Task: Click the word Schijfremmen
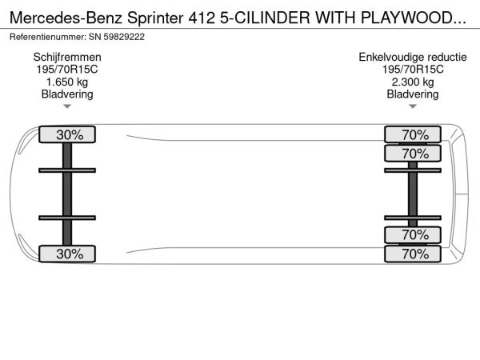click(x=67, y=58)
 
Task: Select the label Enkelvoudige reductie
click(x=412, y=58)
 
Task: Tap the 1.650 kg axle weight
click(x=67, y=82)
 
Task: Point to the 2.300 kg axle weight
click(x=412, y=82)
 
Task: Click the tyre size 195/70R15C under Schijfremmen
click(x=67, y=70)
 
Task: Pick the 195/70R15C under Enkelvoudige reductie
click(x=412, y=70)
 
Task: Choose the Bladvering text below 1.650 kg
click(x=67, y=94)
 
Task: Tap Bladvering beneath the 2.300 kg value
click(x=412, y=94)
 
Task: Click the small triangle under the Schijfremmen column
click(x=67, y=106)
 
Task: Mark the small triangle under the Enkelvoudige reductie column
click(x=412, y=106)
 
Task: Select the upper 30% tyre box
click(x=67, y=134)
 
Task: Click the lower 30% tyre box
click(x=67, y=254)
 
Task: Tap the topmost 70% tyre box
click(x=412, y=134)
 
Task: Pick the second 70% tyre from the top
click(x=412, y=154)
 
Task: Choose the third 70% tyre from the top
click(x=412, y=235)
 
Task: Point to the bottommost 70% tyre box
click(x=412, y=254)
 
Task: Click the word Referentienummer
click(x=47, y=37)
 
